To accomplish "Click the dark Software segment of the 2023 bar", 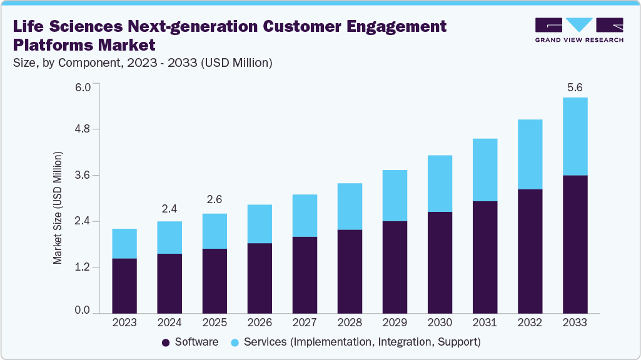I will tap(124, 285).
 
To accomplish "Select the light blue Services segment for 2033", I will tap(575, 136).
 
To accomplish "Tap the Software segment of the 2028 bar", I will tap(350, 271).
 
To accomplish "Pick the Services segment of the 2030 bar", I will tap(440, 183).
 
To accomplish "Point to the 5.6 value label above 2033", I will tap(575, 87).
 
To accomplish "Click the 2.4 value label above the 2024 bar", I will tap(169, 209).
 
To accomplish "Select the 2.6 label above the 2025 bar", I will tap(215, 200).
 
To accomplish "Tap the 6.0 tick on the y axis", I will tap(83, 86).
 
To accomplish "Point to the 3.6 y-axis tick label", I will tap(83, 176).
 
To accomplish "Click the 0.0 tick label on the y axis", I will tap(83, 311).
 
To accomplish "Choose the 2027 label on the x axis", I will tap(305, 323).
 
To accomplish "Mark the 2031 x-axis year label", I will tap(485, 323).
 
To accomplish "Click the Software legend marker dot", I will tap(166, 342).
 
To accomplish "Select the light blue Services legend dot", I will tap(235, 342).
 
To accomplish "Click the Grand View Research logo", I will tap(579, 30).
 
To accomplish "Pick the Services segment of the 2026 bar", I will tap(260, 224).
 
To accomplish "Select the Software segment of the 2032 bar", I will tap(530, 250).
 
